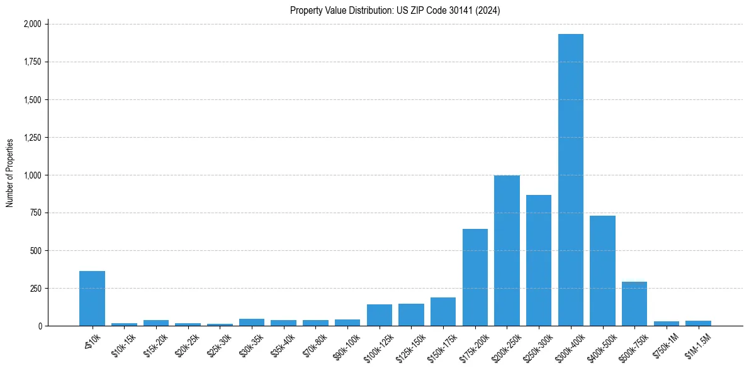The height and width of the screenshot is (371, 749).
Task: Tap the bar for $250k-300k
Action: (x=539, y=260)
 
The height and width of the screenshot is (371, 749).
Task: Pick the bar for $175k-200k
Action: (x=475, y=277)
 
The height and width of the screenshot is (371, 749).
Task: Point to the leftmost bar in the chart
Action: (x=92, y=298)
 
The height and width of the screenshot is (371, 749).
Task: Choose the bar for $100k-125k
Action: (x=380, y=315)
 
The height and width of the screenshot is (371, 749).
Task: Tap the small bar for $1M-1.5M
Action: (x=698, y=323)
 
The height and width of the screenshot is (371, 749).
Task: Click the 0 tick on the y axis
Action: (x=40, y=326)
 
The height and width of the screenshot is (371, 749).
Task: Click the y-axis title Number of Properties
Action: (x=10, y=173)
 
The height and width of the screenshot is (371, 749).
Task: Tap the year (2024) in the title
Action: (x=488, y=10)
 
